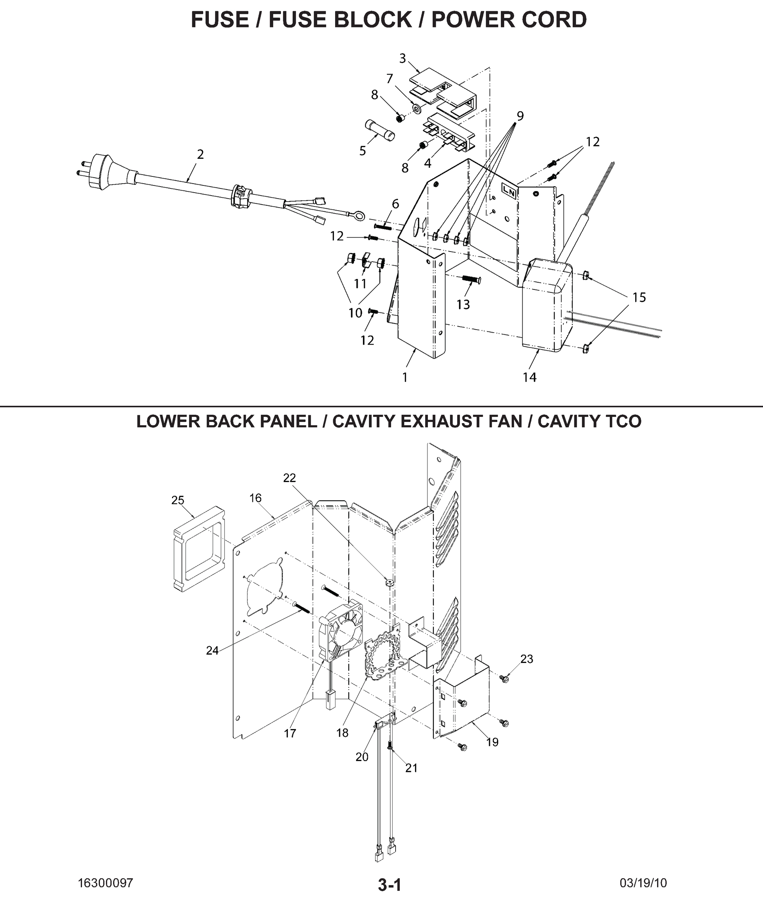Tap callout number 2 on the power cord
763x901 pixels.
(x=200, y=154)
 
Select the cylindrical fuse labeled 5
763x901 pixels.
(x=380, y=131)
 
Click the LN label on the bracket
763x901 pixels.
(x=509, y=191)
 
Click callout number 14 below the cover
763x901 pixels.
(x=529, y=377)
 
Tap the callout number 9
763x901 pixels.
(x=520, y=116)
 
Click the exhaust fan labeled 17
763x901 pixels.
(x=340, y=631)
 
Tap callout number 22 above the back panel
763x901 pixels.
(x=289, y=478)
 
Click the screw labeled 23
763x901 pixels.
(x=503, y=679)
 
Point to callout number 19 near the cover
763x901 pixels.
(x=492, y=742)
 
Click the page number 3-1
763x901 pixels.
(x=389, y=884)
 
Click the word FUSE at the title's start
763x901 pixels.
(x=220, y=20)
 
